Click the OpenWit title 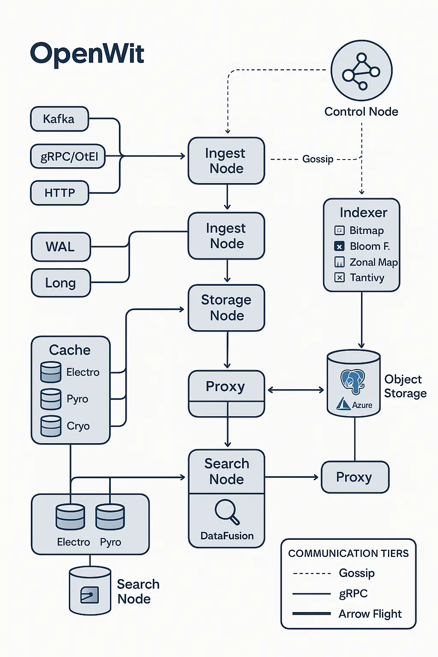pyautogui.click(x=87, y=54)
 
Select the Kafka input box pyautogui.click(x=59, y=119)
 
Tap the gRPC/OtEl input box pyautogui.click(x=68, y=157)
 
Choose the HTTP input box pyautogui.click(x=59, y=193)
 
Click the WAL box pyautogui.click(x=61, y=247)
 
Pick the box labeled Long pyautogui.click(x=61, y=283)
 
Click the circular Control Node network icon pyautogui.click(x=361, y=71)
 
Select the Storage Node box pyautogui.click(x=226, y=308)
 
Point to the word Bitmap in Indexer pyautogui.click(x=367, y=231)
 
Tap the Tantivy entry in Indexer pyautogui.click(x=367, y=278)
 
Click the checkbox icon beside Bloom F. pyautogui.click(x=339, y=246)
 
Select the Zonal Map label pyautogui.click(x=373, y=262)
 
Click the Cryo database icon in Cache pyautogui.click(x=51, y=426)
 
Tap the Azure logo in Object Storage pyautogui.click(x=343, y=404)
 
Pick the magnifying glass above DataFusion pyautogui.click(x=227, y=512)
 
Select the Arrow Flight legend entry pyautogui.click(x=370, y=614)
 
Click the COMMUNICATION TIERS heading pyautogui.click(x=348, y=553)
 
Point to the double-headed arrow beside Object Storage pyautogui.click(x=296, y=390)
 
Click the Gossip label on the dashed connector pyautogui.click(x=318, y=159)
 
